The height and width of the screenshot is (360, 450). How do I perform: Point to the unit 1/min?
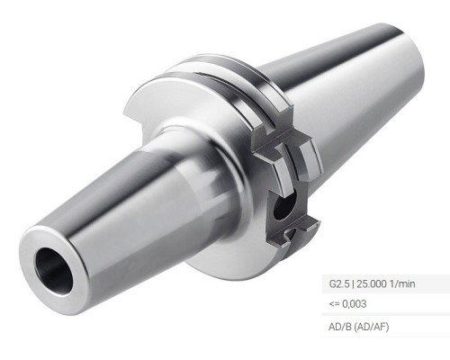pyautogui.click(x=408, y=284)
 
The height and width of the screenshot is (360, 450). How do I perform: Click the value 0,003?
pyautogui.click(x=354, y=303)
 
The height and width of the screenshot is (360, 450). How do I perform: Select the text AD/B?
pyautogui.click(x=341, y=323)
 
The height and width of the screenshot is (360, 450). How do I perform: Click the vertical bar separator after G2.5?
pyautogui.click(x=355, y=284)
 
